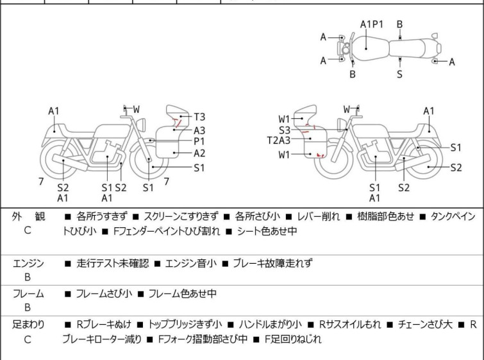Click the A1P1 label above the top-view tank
(372, 24)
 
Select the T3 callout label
(199, 117)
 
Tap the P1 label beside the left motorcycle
(199, 141)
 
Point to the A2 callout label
(199, 153)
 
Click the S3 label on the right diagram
(285, 130)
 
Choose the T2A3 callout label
(279, 141)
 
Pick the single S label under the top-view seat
(400, 74)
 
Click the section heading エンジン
(28, 263)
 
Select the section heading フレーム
(28, 293)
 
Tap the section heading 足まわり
(28, 325)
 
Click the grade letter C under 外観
(28, 230)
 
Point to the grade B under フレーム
(28, 308)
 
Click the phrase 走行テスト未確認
(113, 263)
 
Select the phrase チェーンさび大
(425, 325)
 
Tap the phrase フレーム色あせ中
(183, 293)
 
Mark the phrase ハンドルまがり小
(271, 325)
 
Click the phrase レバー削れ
(318, 216)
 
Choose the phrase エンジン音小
(191, 263)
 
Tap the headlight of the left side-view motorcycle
(141, 125)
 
